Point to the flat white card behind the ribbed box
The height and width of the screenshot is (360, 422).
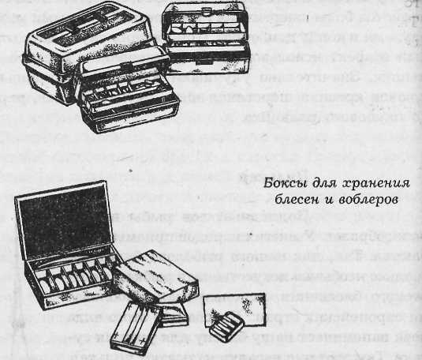click(237, 300)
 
